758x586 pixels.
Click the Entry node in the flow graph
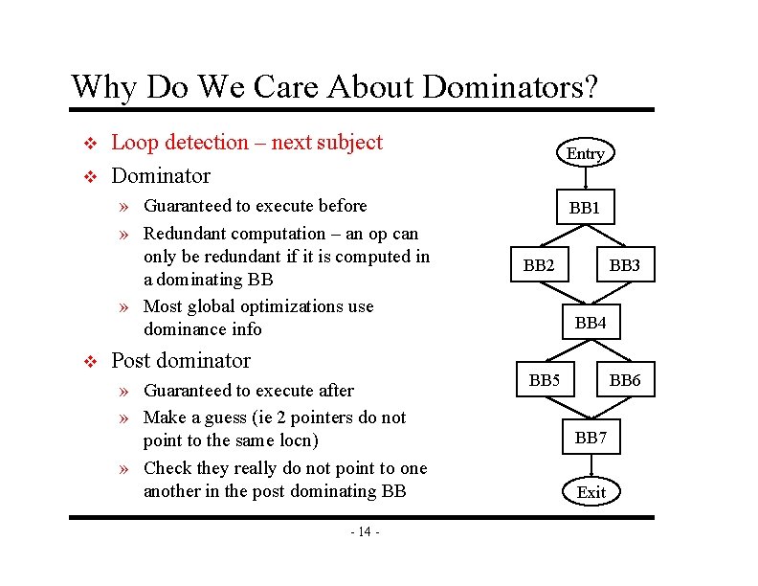click(586, 153)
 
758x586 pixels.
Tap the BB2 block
click(539, 265)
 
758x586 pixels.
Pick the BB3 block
click(624, 265)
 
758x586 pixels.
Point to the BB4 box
click(591, 323)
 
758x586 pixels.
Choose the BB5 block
click(545, 380)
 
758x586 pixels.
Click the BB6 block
click(624, 380)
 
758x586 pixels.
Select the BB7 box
click(591, 439)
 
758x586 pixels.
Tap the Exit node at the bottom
click(591, 492)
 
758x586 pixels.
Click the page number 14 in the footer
click(366, 531)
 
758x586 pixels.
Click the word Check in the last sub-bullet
click(167, 468)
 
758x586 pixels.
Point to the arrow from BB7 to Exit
click(591, 466)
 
